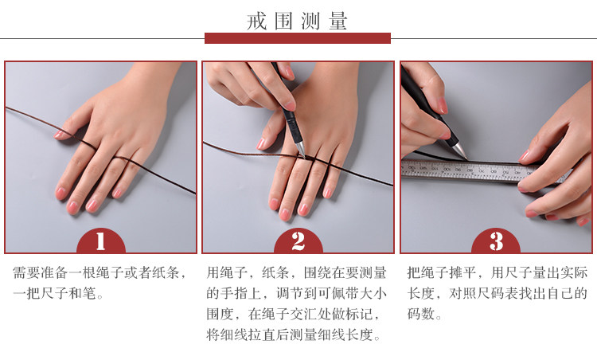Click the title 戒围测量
click(297, 21)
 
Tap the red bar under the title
click(298, 38)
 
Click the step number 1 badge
click(101, 241)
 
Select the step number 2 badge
click(298, 241)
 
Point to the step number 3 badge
click(496, 241)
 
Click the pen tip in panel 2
click(304, 156)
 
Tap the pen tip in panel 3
click(464, 156)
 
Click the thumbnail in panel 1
click(59, 134)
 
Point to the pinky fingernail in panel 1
click(116, 194)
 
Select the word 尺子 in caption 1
click(54, 293)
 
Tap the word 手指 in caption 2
click(235, 293)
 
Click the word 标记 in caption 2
click(359, 314)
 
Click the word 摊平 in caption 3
click(462, 272)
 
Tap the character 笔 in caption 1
click(89, 293)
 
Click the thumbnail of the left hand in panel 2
click(261, 143)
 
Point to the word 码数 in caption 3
click(421, 314)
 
